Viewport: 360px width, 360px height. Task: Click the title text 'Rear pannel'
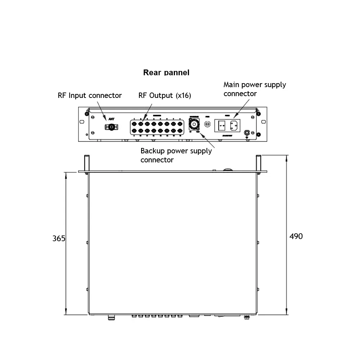tap(166, 72)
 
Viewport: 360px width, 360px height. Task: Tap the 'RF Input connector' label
tap(90, 95)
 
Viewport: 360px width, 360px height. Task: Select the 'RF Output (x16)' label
tap(165, 95)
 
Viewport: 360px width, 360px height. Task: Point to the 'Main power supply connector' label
tap(255, 89)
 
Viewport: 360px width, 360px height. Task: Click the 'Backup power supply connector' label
tap(176, 155)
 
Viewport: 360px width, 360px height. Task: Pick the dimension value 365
tap(59, 238)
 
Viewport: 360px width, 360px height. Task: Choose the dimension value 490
tap(296, 236)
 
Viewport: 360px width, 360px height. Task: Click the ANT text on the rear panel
tap(111, 118)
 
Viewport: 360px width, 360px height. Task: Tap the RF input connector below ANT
tap(112, 127)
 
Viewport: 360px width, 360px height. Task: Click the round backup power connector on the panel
tap(194, 125)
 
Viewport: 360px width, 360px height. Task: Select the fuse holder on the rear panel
tap(207, 124)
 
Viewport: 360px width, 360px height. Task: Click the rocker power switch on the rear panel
tap(222, 126)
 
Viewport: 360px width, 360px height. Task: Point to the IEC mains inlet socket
tap(233, 126)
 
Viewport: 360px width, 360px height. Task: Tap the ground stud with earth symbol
tap(247, 133)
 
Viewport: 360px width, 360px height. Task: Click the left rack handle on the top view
tap(87, 163)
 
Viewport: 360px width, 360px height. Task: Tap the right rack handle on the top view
tap(258, 163)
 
